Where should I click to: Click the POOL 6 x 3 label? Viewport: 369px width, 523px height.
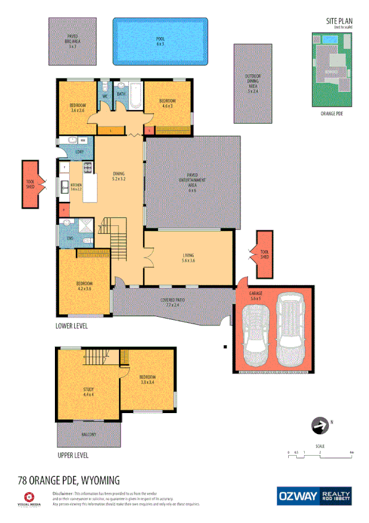[159, 41]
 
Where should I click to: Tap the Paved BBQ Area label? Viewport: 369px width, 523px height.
[72, 41]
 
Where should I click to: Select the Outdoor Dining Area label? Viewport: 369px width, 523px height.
[252, 83]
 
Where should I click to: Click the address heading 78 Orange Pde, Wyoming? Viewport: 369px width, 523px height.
[68, 480]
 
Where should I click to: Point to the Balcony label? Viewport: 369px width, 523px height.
[89, 435]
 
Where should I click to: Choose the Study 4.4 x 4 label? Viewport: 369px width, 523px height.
[89, 391]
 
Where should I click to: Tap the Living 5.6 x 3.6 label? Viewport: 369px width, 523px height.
[189, 258]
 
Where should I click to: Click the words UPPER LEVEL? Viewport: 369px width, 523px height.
[73, 455]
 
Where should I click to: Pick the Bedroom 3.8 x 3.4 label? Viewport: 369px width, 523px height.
[147, 379]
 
